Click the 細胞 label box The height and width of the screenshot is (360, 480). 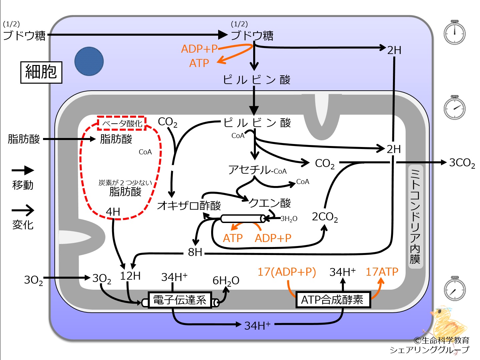pyautogui.click(x=41, y=72)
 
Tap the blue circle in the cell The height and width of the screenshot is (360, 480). pyautogui.click(x=89, y=61)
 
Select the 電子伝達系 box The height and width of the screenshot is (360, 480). pyautogui.click(x=180, y=300)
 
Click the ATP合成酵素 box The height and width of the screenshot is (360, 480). pyautogui.click(x=333, y=299)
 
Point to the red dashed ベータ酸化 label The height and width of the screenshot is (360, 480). pyautogui.click(x=122, y=123)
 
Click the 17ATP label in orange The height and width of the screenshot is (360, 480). pyautogui.click(x=382, y=272)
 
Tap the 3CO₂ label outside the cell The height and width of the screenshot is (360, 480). pyautogui.click(x=462, y=163)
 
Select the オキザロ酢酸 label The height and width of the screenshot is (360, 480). pyautogui.click(x=189, y=205)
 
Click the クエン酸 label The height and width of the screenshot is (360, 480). pyautogui.click(x=270, y=203)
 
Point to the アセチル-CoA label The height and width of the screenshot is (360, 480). pyautogui.click(x=257, y=170)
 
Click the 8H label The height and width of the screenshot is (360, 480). pyautogui.click(x=195, y=252)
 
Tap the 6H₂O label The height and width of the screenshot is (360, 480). pyautogui.click(x=226, y=281)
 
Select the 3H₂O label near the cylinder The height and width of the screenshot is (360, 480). pyautogui.click(x=289, y=219)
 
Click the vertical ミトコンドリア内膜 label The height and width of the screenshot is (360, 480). pyautogui.click(x=415, y=216)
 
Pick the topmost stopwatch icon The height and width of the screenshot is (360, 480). pyautogui.click(x=454, y=32)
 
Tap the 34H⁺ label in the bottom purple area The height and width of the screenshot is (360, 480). pyautogui.click(x=257, y=325)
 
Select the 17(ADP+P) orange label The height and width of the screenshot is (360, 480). pyautogui.click(x=287, y=272)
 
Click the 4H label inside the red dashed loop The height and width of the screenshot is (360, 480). pyautogui.click(x=113, y=212)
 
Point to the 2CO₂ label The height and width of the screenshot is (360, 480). pyautogui.click(x=325, y=217)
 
